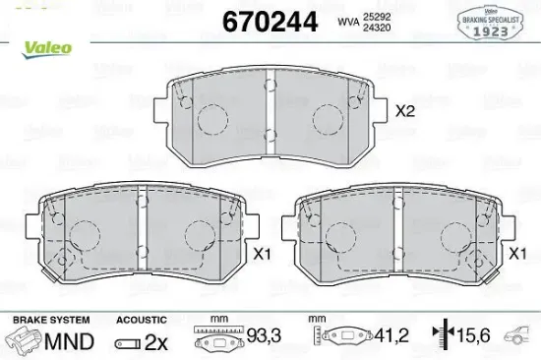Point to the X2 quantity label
pyautogui.click(x=407, y=113)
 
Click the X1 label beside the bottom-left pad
pyautogui.click(x=261, y=255)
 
